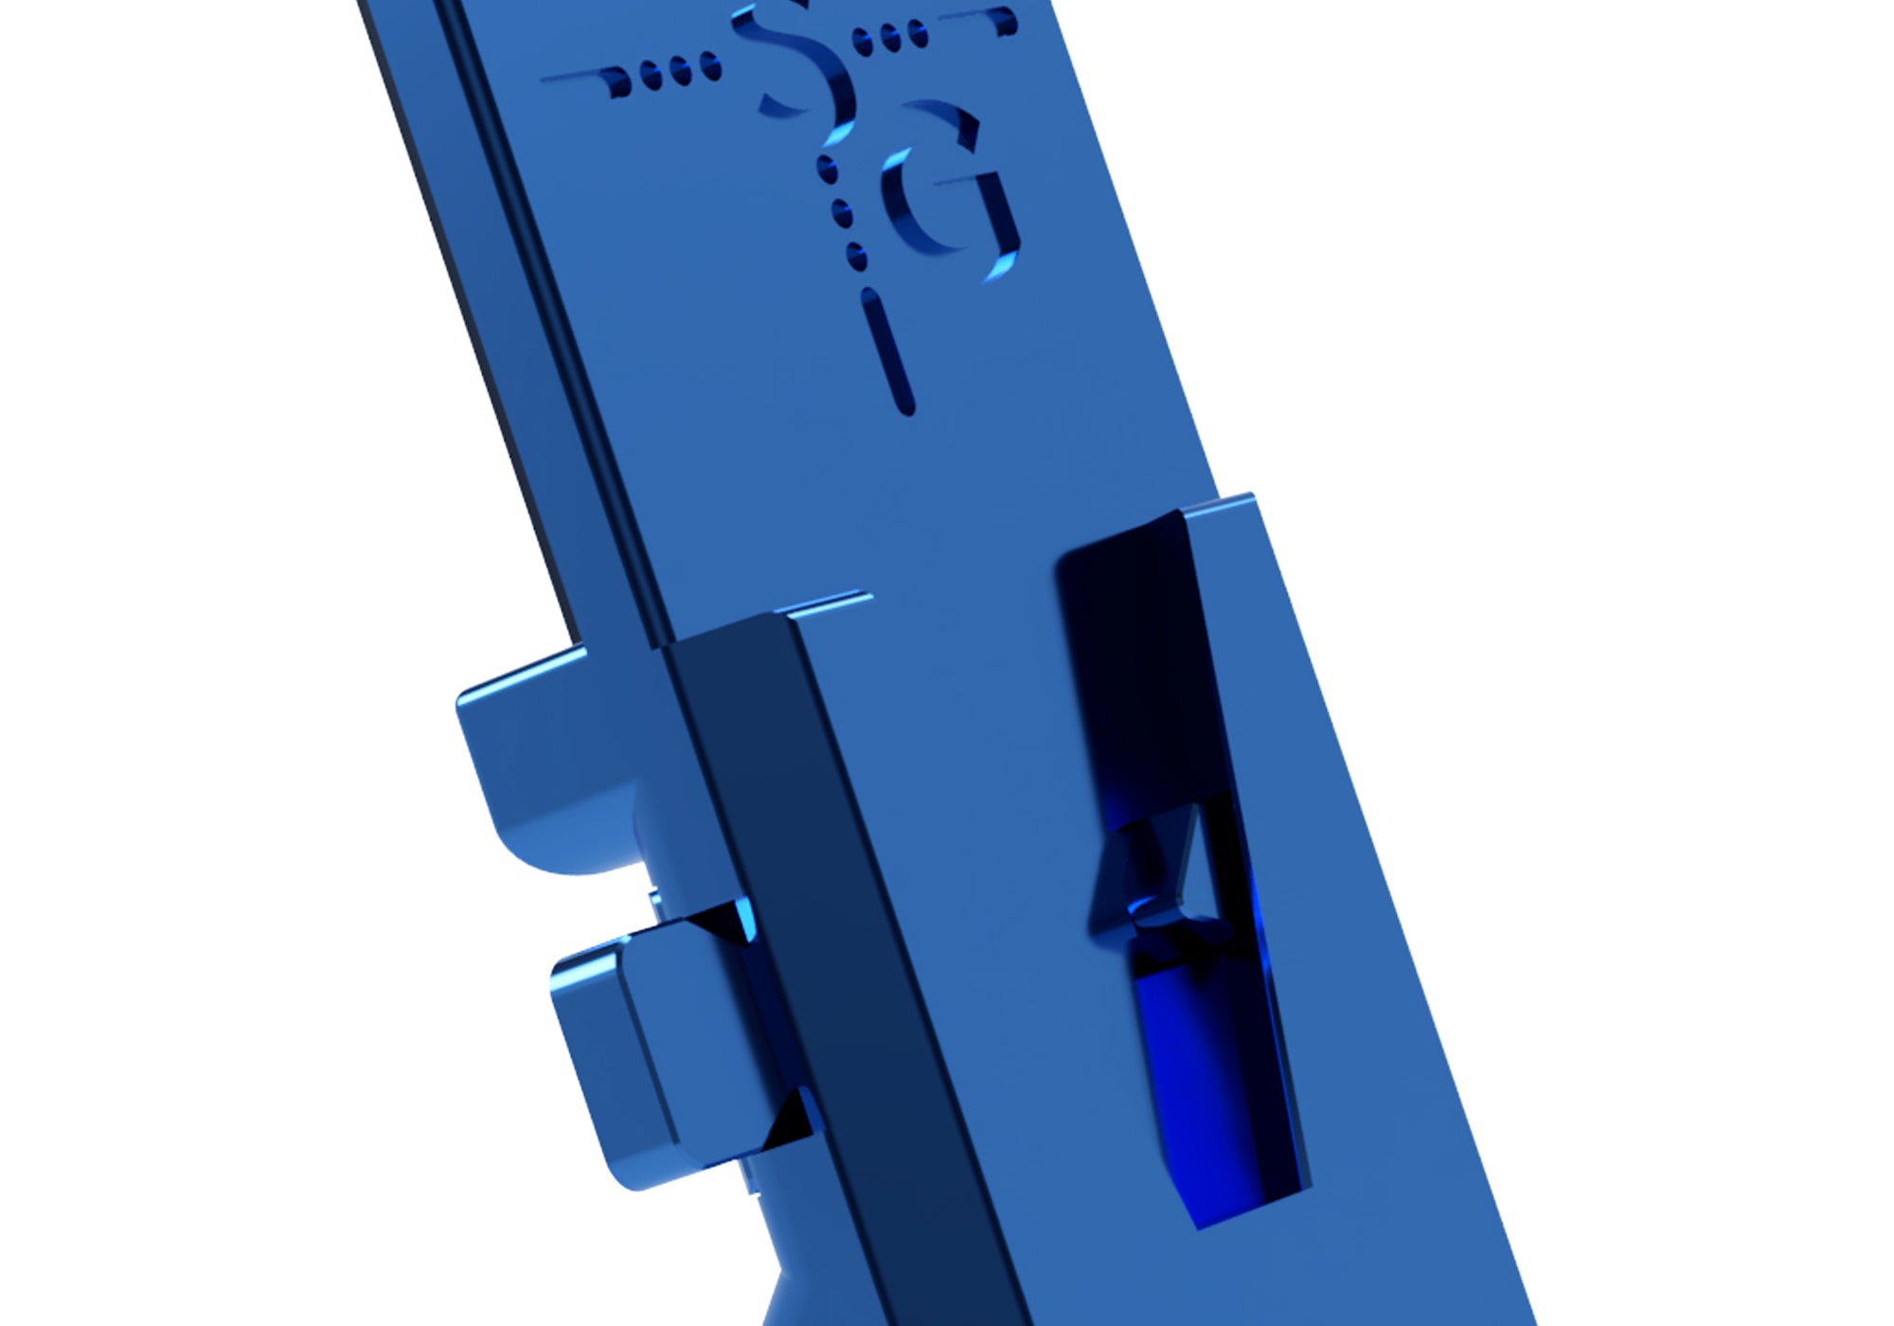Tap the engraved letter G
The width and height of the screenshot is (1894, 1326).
click(947, 189)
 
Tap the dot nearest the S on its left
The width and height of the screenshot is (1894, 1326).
click(709, 67)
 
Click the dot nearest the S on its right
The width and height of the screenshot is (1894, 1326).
click(863, 41)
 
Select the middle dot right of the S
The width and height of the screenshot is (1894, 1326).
click(890, 38)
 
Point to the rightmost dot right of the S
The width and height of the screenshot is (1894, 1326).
click(918, 34)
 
